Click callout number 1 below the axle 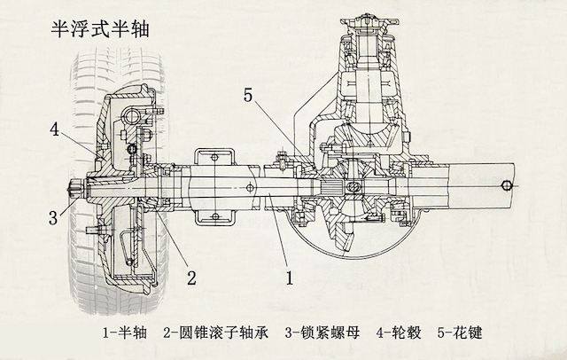pyautogui.click(x=289, y=276)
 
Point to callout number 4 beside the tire pyautogui.click(x=54, y=129)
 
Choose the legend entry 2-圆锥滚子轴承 pyautogui.click(x=214, y=334)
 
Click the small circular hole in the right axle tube pyautogui.click(x=506, y=184)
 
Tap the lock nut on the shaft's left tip pyautogui.click(x=74, y=188)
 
